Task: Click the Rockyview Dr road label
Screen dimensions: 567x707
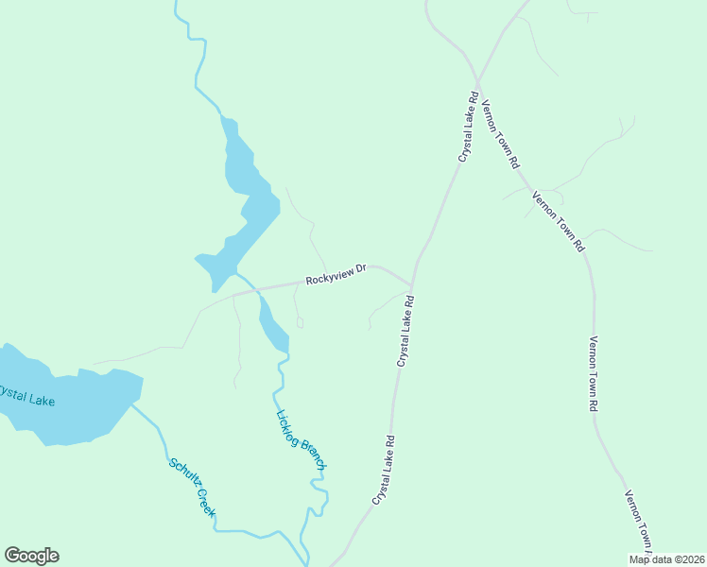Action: (x=336, y=275)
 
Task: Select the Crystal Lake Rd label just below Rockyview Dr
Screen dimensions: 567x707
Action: (x=405, y=331)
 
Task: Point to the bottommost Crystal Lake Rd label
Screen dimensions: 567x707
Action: (x=383, y=469)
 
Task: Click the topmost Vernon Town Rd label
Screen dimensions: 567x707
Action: (x=501, y=133)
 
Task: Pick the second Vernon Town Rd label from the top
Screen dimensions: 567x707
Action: (x=558, y=222)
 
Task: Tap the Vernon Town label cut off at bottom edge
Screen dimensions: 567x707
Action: (x=639, y=522)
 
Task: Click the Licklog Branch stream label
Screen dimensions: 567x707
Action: (x=302, y=439)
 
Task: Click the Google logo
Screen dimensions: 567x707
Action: (x=31, y=556)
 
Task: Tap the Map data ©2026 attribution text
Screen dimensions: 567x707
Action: (x=667, y=559)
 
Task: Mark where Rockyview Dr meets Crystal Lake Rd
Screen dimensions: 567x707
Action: (x=411, y=283)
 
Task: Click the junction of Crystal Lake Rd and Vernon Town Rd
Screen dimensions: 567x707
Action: (x=477, y=81)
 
